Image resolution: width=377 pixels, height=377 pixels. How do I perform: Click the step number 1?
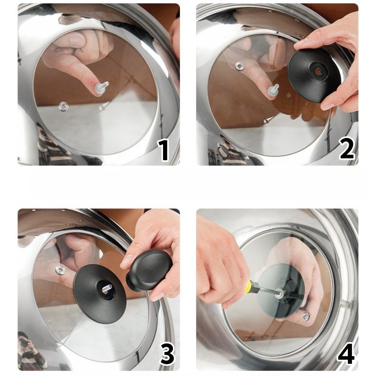click(164, 150)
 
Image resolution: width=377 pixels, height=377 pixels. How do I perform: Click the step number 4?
click(346, 354)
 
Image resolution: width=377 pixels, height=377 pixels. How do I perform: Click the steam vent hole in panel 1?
click(64, 106)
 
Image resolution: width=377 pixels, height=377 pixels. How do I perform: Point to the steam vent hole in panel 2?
click(239, 66)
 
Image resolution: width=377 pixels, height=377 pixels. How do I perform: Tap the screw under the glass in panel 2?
click(274, 90)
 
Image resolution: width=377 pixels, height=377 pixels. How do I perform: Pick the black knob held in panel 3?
click(149, 270)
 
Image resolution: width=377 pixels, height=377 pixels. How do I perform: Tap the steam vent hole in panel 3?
click(60, 270)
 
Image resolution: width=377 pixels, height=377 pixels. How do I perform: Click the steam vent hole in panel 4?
click(305, 316)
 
